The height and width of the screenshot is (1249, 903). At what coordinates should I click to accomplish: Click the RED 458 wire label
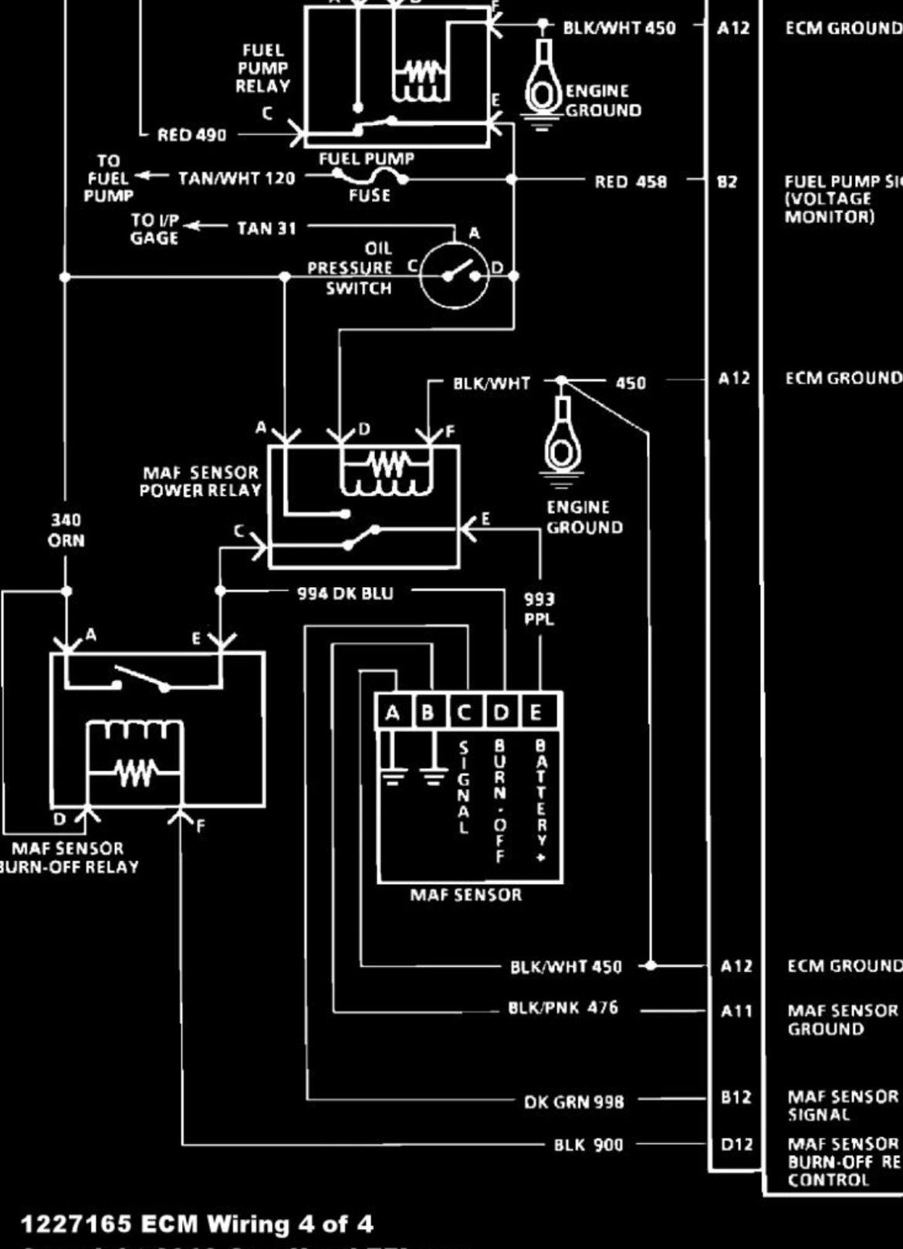click(x=630, y=182)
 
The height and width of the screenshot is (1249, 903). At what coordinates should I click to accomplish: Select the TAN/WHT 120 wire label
click(x=236, y=179)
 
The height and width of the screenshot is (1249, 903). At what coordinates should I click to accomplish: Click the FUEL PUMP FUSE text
click(x=367, y=177)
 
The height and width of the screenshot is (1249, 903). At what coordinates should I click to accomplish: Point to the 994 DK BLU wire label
click(x=345, y=593)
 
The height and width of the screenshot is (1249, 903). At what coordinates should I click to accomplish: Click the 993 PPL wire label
click(x=539, y=609)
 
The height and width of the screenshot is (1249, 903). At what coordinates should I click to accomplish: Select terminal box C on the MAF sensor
click(x=464, y=712)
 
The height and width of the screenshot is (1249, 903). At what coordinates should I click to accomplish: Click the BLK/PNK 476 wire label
click(x=563, y=1008)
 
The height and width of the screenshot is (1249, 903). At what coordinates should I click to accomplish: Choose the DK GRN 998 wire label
click(x=573, y=1102)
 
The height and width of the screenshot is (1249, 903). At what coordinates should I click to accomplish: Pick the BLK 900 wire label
click(x=588, y=1145)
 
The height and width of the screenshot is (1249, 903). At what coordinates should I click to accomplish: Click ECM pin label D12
click(x=736, y=1145)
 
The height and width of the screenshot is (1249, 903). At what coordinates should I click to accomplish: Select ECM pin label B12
click(x=736, y=1097)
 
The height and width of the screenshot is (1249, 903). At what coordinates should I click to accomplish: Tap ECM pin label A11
click(x=736, y=1011)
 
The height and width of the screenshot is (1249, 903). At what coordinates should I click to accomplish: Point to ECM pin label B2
click(x=727, y=182)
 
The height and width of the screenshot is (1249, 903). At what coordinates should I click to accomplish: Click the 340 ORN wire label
click(x=66, y=530)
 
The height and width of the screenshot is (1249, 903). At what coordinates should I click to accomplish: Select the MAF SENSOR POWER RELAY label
click(x=200, y=481)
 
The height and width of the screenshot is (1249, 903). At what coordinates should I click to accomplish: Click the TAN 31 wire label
click(x=266, y=228)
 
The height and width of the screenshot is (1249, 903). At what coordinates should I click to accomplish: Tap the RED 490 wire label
click(x=191, y=136)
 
